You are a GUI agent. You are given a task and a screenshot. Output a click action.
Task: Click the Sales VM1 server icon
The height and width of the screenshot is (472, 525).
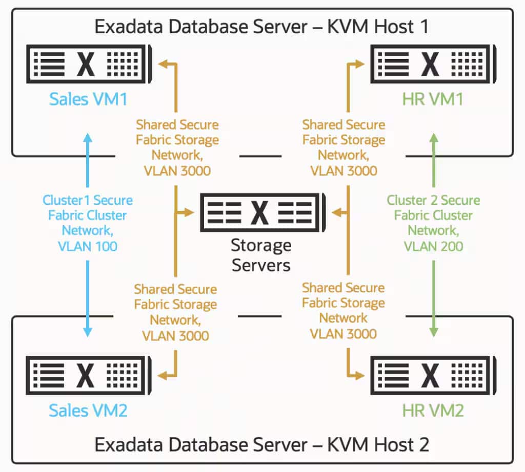(89, 64)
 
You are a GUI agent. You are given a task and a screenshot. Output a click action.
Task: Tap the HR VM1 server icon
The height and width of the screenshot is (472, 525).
(433, 64)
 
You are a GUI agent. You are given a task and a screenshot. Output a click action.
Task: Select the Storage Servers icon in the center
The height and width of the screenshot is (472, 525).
(263, 212)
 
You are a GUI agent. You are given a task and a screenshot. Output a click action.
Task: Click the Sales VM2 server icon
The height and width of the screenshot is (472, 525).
(89, 375)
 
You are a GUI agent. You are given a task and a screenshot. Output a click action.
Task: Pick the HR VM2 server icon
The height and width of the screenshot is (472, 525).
(433, 375)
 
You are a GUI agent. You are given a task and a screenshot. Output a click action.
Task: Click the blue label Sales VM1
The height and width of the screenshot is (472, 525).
(88, 99)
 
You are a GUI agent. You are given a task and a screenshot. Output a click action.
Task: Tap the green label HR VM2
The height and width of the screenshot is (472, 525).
(433, 411)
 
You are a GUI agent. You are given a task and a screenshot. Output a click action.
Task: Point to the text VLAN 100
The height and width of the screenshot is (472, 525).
(88, 246)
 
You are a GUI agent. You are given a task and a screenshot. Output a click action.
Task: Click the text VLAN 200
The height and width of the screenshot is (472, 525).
(434, 246)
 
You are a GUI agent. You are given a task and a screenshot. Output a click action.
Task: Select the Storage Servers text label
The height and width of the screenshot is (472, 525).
(261, 255)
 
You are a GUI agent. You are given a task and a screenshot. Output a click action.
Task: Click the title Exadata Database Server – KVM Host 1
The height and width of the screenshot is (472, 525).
(261, 27)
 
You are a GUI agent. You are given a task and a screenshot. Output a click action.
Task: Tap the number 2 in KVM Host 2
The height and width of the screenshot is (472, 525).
(424, 445)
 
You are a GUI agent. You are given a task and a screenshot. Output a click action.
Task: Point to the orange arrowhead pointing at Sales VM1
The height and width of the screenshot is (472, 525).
(163, 63)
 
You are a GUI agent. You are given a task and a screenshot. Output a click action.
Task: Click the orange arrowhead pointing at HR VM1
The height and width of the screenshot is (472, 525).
(359, 64)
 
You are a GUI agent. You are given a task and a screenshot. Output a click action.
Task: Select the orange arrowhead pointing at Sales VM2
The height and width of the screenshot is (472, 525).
(162, 375)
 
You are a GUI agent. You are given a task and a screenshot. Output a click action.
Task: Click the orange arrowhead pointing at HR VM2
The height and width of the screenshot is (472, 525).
(359, 375)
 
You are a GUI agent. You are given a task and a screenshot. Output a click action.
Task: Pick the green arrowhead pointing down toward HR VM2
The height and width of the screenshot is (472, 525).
(434, 332)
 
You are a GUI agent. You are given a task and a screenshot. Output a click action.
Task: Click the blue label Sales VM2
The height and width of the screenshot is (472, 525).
(88, 411)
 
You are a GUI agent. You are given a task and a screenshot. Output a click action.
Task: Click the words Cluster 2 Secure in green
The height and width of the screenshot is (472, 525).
(434, 200)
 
